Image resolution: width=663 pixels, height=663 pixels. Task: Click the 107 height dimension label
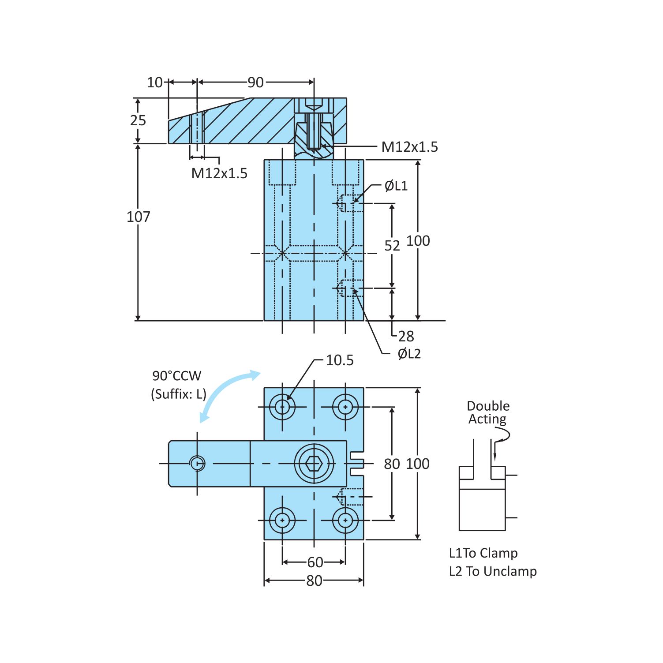click(x=138, y=217)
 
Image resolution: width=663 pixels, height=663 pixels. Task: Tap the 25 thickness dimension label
click(x=138, y=120)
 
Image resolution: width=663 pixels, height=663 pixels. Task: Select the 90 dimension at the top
click(x=255, y=82)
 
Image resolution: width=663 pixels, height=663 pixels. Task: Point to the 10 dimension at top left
click(x=155, y=82)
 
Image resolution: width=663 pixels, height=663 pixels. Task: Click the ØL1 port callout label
click(x=396, y=186)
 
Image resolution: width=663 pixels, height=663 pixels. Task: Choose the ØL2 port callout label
click(x=409, y=354)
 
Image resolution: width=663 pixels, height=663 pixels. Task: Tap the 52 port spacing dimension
click(x=392, y=246)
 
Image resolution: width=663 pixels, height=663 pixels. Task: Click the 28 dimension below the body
click(x=406, y=337)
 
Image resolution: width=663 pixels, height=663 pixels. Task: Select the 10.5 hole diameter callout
click(x=339, y=360)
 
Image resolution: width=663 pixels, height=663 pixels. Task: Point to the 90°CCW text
click(x=177, y=376)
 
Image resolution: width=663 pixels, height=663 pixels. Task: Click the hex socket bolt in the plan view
click(x=314, y=464)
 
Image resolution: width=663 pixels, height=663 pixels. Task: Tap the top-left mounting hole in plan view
click(x=282, y=407)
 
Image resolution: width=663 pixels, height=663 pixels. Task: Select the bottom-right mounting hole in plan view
click(x=345, y=521)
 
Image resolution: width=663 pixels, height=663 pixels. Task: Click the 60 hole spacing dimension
click(x=315, y=562)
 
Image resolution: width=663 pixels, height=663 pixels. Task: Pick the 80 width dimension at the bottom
click(x=314, y=581)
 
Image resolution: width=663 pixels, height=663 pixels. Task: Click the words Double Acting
click(x=488, y=412)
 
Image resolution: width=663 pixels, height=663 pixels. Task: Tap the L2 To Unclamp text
click(x=493, y=571)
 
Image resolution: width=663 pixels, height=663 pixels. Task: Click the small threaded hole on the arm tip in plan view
click(x=197, y=463)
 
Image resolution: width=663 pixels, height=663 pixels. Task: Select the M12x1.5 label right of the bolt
click(x=409, y=147)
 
